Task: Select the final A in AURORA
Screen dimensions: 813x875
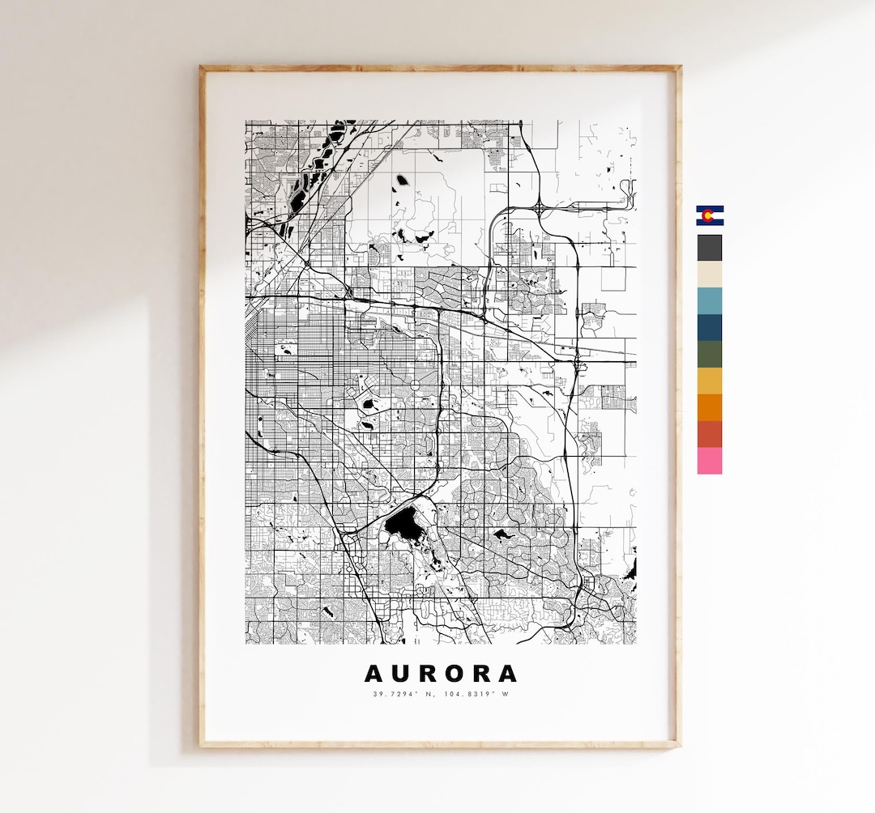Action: pos(506,674)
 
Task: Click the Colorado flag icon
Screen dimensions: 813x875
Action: pos(710,215)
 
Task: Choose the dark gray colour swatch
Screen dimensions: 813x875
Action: pos(710,248)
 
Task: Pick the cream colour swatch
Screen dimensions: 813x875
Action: pos(710,274)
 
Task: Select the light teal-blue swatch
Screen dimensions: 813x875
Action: pos(710,300)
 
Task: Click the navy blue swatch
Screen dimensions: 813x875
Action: pos(710,327)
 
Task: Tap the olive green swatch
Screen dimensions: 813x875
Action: pos(710,354)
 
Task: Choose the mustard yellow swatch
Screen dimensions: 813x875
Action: pos(710,381)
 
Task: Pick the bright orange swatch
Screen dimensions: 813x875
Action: pos(710,407)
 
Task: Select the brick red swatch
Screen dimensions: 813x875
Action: pos(710,434)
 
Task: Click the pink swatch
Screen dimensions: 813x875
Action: pos(710,461)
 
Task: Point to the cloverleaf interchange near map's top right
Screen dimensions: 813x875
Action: pos(539,207)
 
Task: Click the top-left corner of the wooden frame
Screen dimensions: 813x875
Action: pos(203,69)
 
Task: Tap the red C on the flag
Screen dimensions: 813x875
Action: pos(708,215)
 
